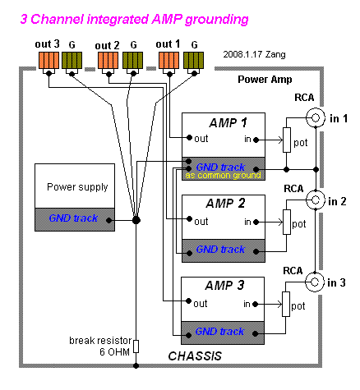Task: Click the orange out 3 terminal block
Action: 48,60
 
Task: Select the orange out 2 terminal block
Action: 108,60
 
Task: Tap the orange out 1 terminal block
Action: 169,60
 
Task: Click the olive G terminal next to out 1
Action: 193,60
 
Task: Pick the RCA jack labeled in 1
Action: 316,117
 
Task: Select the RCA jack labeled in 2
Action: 316,200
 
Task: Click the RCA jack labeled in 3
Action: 315,282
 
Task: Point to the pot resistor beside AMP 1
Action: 287,140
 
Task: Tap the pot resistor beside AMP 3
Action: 286,304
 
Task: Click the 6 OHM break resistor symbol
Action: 136,346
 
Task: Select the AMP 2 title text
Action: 225,204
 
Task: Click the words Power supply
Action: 77,187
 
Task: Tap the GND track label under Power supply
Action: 73,218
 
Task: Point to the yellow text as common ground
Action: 223,175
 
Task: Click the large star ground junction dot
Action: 136,220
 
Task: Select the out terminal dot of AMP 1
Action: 189,137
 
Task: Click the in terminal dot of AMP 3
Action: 255,304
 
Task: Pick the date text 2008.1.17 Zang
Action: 254,54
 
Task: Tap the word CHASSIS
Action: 195,356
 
